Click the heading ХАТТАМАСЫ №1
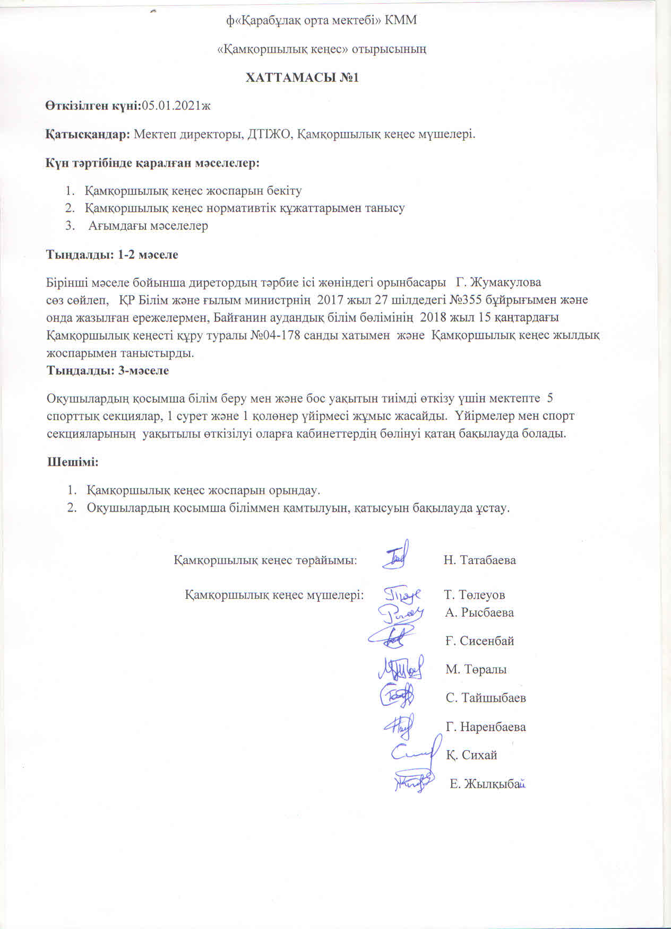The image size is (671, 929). (x=302, y=77)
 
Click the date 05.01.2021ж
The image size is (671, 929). (x=176, y=106)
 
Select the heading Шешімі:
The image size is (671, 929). (x=73, y=462)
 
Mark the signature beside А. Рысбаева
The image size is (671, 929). (x=401, y=615)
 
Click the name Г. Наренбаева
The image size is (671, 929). (x=486, y=727)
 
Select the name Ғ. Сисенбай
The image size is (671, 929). (x=480, y=641)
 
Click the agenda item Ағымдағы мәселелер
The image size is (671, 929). (x=148, y=226)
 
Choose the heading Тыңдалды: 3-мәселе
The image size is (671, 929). (x=108, y=371)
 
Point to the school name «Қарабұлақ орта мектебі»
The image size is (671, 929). (x=305, y=20)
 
